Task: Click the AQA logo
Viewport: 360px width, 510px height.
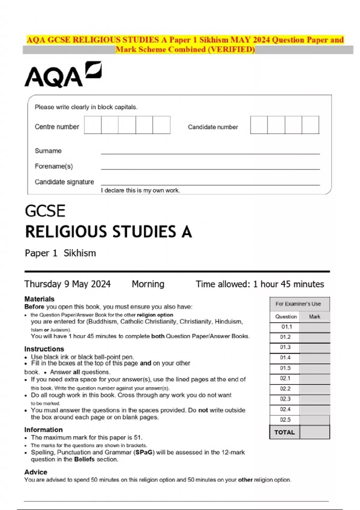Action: click(x=63, y=75)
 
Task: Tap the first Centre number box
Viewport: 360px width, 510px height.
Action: click(x=93, y=125)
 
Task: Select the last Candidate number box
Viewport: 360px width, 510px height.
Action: click(x=310, y=125)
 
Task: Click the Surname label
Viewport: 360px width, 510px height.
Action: click(x=48, y=151)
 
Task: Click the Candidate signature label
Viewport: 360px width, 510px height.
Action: click(x=64, y=182)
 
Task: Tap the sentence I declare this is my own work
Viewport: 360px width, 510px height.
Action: click(x=140, y=190)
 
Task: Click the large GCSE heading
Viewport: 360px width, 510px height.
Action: click(x=45, y=211)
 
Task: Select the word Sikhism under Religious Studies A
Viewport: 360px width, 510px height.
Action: click(x=80, y=253)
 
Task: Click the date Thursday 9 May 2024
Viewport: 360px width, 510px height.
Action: click(x=67, y=284)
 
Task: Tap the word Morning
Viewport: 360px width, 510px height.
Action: click(x=148, y=284)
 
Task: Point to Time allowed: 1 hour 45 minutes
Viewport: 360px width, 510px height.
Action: click(x=260, y=284)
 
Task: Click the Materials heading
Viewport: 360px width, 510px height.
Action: click(x=39, y=299)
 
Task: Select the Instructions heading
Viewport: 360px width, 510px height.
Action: click(x=44, y=349)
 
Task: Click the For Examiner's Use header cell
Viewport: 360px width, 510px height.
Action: click(x=298, y=304)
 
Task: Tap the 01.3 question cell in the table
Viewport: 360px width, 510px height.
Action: click(x=285, y=347)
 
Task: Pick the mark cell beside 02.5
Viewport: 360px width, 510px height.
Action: click(x=314, y=420)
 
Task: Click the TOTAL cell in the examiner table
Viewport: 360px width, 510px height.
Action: click(x=284, y=432)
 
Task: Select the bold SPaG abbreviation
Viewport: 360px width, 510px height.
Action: click(x=144, y=452)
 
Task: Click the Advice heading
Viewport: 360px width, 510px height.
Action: click(x=36, y=472)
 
